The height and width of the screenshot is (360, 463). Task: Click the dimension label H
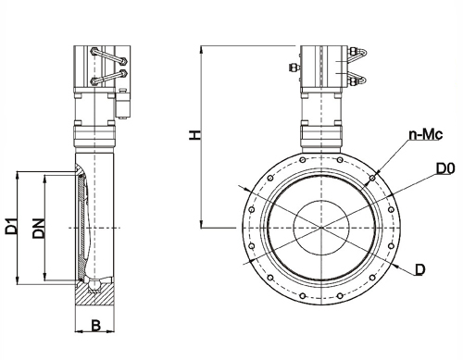(195, 135)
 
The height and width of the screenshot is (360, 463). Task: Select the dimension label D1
(11, 226)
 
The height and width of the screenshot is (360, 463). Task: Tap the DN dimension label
(39, 229)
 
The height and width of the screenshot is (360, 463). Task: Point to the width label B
(96, 326)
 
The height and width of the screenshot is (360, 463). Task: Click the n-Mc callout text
(426, 134)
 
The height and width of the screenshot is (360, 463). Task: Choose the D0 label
(445, 168)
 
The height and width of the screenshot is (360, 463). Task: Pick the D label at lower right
(420, 269)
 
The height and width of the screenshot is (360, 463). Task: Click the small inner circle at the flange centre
(321, 228)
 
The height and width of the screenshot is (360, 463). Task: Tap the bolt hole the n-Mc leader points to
(372, 178)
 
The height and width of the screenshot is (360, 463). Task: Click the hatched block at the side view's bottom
(94, 294)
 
